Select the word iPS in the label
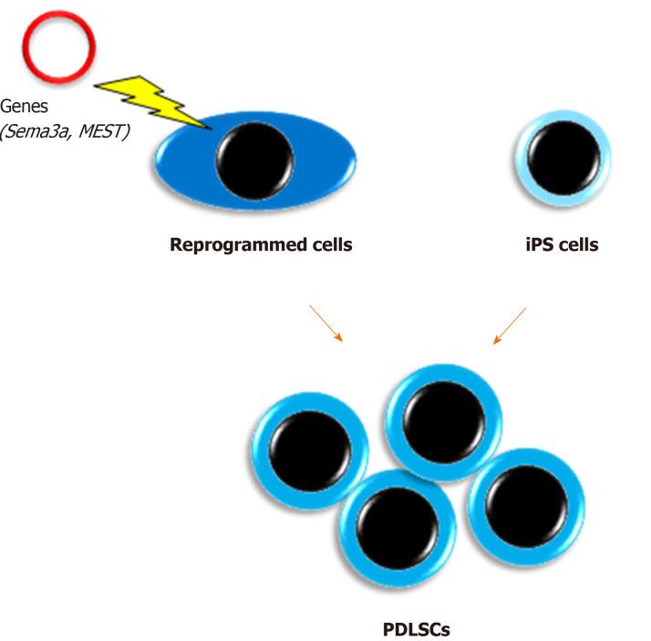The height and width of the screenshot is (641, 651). [x=533, y=244]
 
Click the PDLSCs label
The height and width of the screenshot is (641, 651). [x=416, y=629]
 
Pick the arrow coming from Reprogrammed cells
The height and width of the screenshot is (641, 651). [x=325, y=324]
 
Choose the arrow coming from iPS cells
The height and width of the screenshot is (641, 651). [x=511, y=326]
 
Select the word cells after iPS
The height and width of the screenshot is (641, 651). [x=576, y=244]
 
